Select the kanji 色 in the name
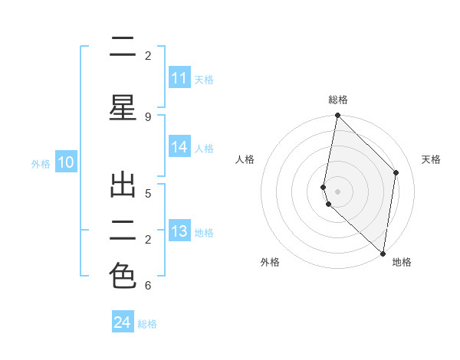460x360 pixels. pyautogui.click(x=123, y=275)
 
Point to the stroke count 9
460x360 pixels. pyautogui.click(x=148, y=116)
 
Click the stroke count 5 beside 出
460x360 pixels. pyautogui.click(x=148, y=192)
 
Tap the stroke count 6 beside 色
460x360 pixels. pyautogui.click(x=148, y=286)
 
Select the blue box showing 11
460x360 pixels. pyautogui.click(x=179, y=78)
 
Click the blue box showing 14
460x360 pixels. pyautogui.click(x=179, y=148)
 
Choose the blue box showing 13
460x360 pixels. pyautogui.click(x=179, y=231)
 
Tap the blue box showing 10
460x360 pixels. pyautogui.click(x=65, y=162)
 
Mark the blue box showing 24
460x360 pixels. pyautogui.click(x=123, y=322)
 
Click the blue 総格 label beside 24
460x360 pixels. pyautogui.click(x=147, y=324)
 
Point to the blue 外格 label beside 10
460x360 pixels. pyautogui.click(x=41, y=164)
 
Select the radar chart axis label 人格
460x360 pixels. pyautogui.click(x=245, y=159)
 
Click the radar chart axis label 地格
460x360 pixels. pyautogui.click(x=402, y=262)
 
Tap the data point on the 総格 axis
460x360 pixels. pyautogui.click(x=337, y=116)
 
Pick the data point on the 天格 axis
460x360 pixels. pyautogui.click(x=396, y=172)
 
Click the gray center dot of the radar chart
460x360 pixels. pyautogui.click(x=337, y=191)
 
